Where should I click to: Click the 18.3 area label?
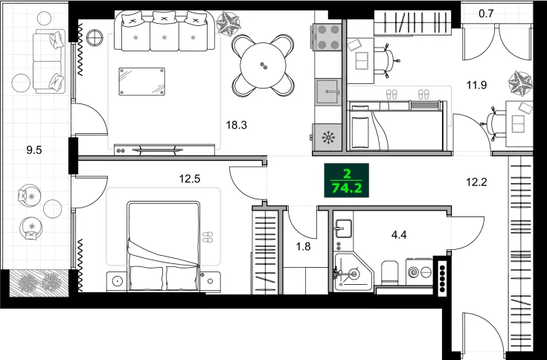(236, 125)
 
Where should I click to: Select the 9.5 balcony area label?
(33, 150)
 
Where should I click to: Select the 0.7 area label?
(487, 13)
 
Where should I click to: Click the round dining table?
(263, 65)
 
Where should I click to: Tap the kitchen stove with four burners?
(327, 37)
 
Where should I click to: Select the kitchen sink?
(327, 93)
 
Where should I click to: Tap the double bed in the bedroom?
(164, 245)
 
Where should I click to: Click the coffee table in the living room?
(141, 80)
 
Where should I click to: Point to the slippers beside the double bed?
(208, 237)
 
